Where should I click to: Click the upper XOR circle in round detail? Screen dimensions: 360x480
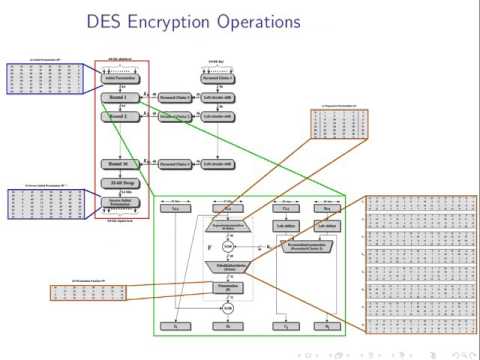click(228, 245)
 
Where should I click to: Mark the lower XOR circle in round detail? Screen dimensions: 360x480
click(228, 309)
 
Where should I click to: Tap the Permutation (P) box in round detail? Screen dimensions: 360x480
click(228, 291)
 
